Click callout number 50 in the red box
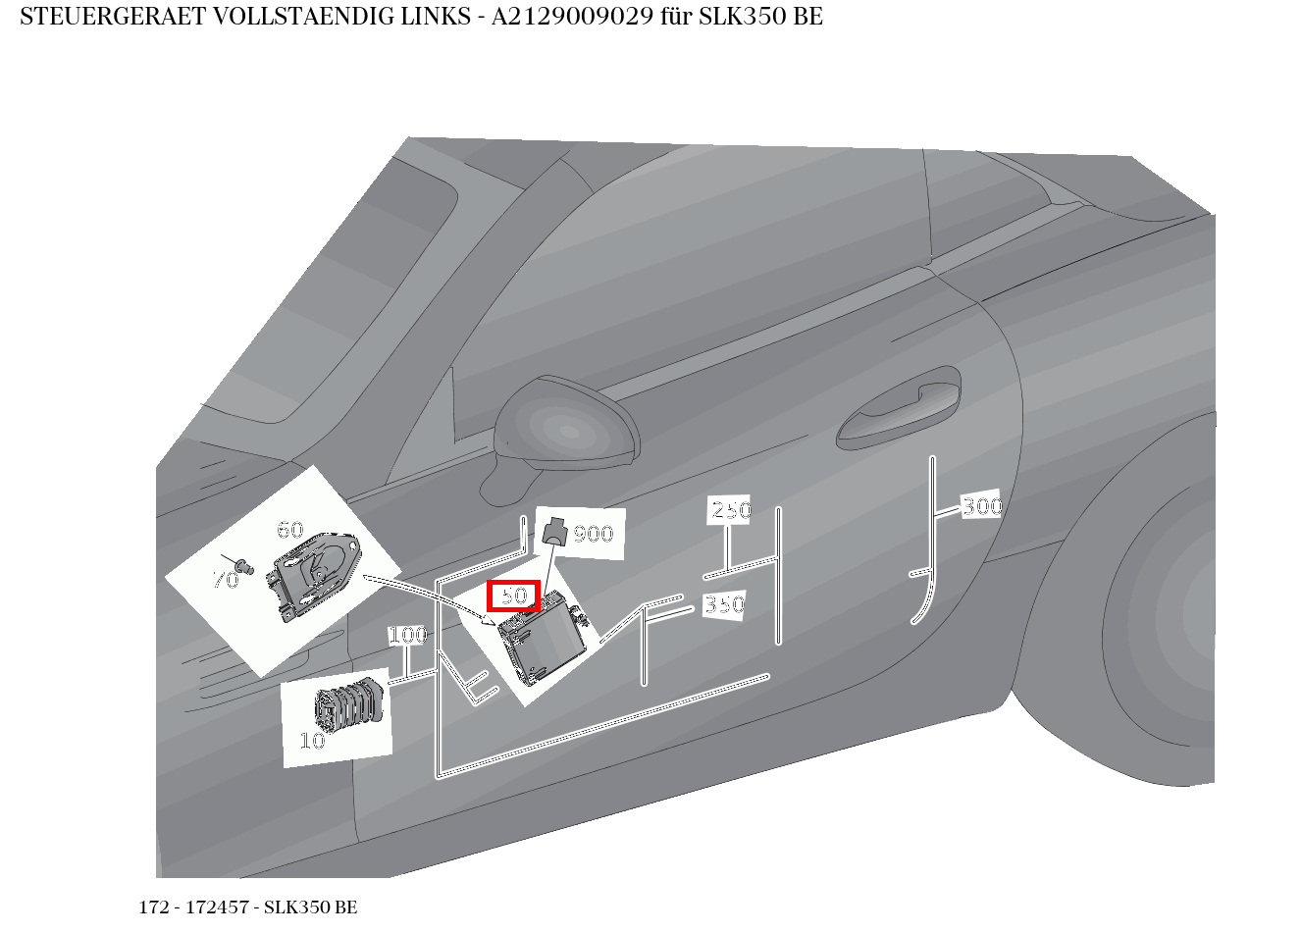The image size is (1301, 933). tap(514, 596)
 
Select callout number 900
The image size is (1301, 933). tap(594, 535)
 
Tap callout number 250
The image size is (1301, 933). tap(730, 510)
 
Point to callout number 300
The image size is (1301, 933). tap(981, 506)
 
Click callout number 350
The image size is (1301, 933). tap(724, 605)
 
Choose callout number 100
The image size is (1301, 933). tap(407, 636)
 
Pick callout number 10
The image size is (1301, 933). tap(312, 741)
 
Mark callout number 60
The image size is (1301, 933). tap(289, 531)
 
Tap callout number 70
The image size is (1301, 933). tap(226, 580)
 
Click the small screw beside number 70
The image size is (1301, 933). tap(245, 566)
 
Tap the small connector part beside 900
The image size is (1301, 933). tap(555, 532)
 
